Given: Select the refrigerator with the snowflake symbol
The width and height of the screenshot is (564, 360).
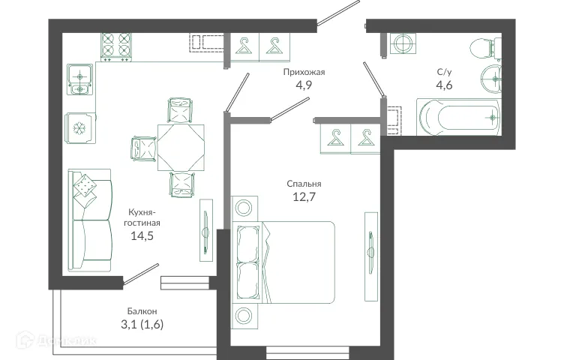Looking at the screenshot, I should point(80,127).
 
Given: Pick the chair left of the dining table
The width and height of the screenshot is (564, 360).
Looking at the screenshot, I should point(142,145).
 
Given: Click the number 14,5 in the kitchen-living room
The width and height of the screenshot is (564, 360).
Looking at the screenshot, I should point(144,236).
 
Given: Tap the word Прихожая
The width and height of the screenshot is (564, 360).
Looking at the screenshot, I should point(304,73).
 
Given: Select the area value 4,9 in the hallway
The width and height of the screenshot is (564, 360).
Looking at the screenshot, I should point(304,86).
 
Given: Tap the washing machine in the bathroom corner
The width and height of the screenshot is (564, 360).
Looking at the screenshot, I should point(402,43).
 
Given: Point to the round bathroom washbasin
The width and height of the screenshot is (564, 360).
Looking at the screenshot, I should point(492,75).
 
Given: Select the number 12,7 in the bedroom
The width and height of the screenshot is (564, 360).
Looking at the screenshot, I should point(304,198).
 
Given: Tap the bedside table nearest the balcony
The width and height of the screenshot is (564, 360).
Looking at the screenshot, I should point(244,314).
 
